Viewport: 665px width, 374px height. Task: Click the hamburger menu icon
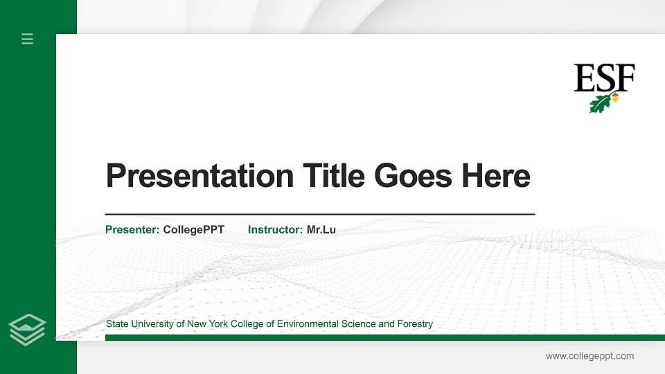28,39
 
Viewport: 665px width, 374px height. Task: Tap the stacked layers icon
28,329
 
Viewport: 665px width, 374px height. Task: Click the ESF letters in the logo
604,78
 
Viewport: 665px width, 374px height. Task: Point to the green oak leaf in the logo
600,104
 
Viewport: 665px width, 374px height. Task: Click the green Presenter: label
132,229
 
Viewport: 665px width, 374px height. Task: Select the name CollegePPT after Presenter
194,229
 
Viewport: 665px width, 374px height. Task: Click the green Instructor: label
275,229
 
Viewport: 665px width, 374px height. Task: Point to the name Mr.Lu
321,229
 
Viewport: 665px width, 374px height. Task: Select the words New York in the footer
204,324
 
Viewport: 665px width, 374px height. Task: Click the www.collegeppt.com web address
589,356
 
